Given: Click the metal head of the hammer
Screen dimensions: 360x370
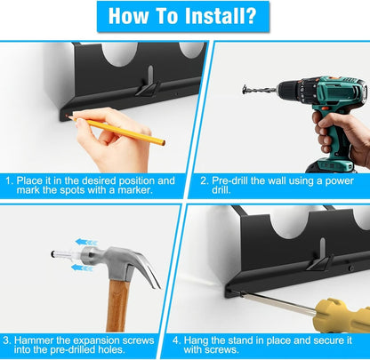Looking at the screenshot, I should click(120, 260).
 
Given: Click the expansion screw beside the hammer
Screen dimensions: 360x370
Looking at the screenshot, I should click(68, 254).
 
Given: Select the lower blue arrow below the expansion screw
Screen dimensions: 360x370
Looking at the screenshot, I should click(81, 268).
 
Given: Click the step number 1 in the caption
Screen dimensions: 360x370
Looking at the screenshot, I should click(9, 179).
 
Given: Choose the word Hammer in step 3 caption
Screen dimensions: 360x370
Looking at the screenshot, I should click(37, 340).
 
